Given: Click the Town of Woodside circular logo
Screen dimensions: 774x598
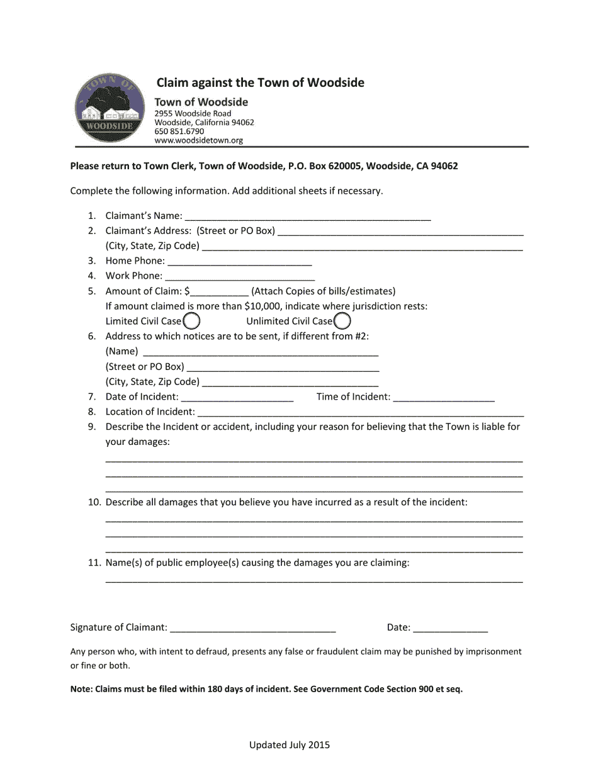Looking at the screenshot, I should [108, 108].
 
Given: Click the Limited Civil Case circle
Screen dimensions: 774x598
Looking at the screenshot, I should [191, 322].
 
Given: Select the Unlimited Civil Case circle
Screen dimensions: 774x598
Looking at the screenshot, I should [342, 322].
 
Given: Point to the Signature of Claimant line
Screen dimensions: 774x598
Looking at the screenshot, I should [253, 627].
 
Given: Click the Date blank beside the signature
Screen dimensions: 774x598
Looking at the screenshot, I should [451, 627].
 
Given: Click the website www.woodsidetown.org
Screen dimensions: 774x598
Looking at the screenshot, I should [199, 141].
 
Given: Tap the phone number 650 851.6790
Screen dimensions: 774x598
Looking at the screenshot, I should [179, 132].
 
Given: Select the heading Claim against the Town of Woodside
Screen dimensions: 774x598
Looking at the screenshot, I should [260, 83].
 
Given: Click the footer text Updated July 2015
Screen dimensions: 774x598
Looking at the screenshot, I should [290, 745].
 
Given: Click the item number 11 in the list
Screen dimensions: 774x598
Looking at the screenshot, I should [94, 563].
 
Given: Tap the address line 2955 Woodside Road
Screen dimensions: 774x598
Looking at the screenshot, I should [193, 113].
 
